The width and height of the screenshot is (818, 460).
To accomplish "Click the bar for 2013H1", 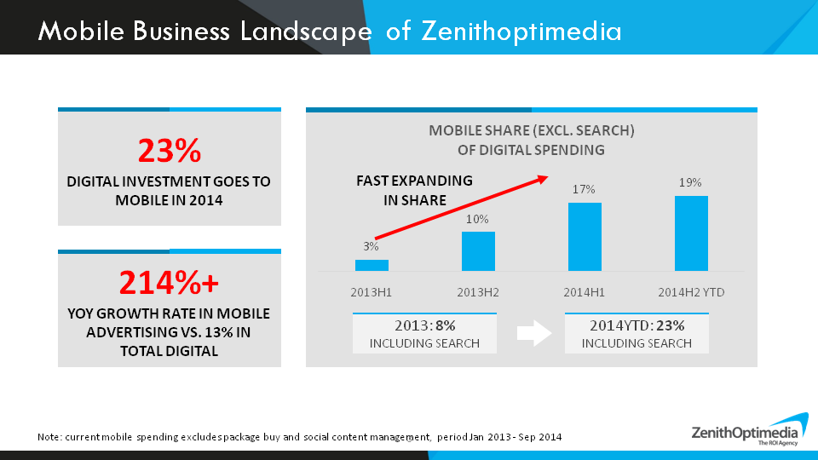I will (372, 265).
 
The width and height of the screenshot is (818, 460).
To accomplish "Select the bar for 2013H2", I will (478, 250).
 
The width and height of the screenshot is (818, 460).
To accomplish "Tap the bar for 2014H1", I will (585, 236).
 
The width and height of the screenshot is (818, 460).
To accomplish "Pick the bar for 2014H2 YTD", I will (691, 233).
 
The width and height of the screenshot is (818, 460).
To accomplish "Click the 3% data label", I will (371, 246).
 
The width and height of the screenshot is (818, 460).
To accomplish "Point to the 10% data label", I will (477, 219).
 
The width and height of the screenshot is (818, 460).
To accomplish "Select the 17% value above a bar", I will (584, 189).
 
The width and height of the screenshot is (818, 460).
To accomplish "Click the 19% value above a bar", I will (690, 182).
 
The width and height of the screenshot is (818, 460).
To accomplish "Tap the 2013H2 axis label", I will (478, 292).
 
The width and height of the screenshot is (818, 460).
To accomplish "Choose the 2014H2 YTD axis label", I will (691, 292).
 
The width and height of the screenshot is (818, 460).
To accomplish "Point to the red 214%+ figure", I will (169, 281).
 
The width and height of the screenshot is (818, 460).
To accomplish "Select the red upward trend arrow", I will (461, 208).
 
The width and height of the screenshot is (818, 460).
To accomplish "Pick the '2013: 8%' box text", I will (423, 325).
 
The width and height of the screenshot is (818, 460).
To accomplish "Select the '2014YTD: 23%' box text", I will (637, 325).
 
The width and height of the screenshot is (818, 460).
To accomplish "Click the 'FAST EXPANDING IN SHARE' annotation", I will (414, 190).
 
